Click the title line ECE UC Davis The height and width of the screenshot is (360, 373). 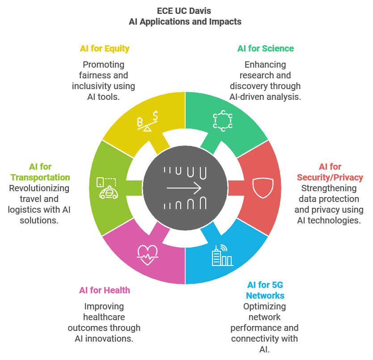click(x=186, y=11)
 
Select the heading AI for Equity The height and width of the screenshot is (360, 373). click(x=105, y=48)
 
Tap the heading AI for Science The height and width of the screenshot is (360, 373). click(x=266, y=48)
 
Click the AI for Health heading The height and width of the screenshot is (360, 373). click(x=105, y=291)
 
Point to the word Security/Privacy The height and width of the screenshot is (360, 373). click(x=330, y=177)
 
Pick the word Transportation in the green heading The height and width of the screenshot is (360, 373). click(x=40, y=177)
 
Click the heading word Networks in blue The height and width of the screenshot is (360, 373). click(x=265, y=296)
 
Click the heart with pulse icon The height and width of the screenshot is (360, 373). click(x=148, y=255)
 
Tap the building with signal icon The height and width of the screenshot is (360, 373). click(x=222, y=255)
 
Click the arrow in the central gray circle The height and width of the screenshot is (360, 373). click(x=184, y=188)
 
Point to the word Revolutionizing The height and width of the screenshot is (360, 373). click(x=39, y=188)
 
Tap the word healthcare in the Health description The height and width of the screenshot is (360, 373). click(x=104, y=317)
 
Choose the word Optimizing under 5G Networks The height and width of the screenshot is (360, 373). click(x=264, y=307)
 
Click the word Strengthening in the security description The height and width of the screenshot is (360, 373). click(x=329, y=188)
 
